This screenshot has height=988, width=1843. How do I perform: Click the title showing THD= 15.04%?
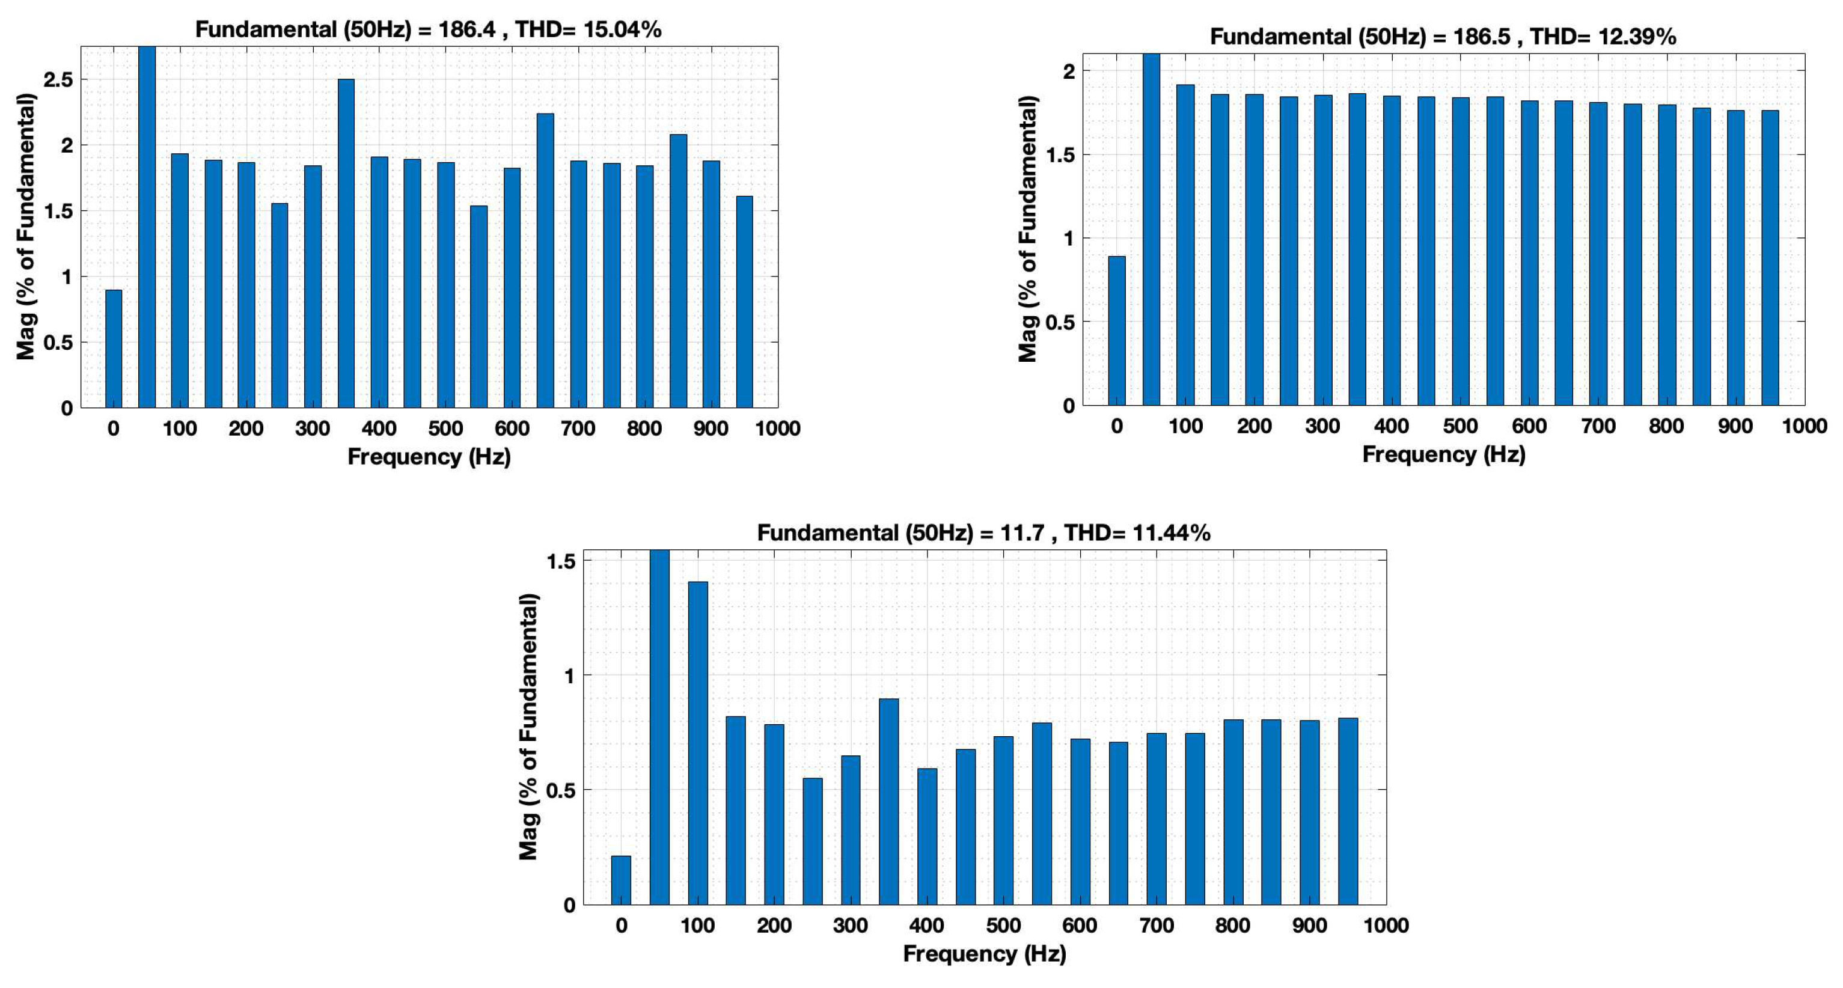[428, 29]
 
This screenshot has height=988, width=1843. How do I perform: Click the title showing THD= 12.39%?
[1442, 37]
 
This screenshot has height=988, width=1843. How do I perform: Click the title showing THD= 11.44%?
[984, 532]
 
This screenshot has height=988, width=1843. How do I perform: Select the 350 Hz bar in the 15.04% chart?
[346, 243]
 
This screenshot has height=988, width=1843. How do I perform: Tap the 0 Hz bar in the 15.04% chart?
[113, 349]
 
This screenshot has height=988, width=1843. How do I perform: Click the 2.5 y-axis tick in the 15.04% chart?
[57, 79]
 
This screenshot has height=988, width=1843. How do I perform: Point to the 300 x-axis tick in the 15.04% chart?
[312, 428]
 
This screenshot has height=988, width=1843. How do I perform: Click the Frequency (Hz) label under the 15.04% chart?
[429, 457]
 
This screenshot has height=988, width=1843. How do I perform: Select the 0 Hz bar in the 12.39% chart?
[1116, 331]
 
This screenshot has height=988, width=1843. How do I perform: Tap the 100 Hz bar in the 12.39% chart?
[1185, 245]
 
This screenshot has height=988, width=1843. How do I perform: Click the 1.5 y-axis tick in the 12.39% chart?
[1060, 154]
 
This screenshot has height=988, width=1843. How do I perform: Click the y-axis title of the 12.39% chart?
[1027, 229]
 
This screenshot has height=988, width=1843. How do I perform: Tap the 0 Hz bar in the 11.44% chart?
[621, 880]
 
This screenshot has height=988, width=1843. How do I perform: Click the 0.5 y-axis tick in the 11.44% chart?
[560, 790]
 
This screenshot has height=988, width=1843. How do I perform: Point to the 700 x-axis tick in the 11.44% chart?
[1156, 925]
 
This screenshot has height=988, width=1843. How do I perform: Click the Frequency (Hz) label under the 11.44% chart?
[984, 953]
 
